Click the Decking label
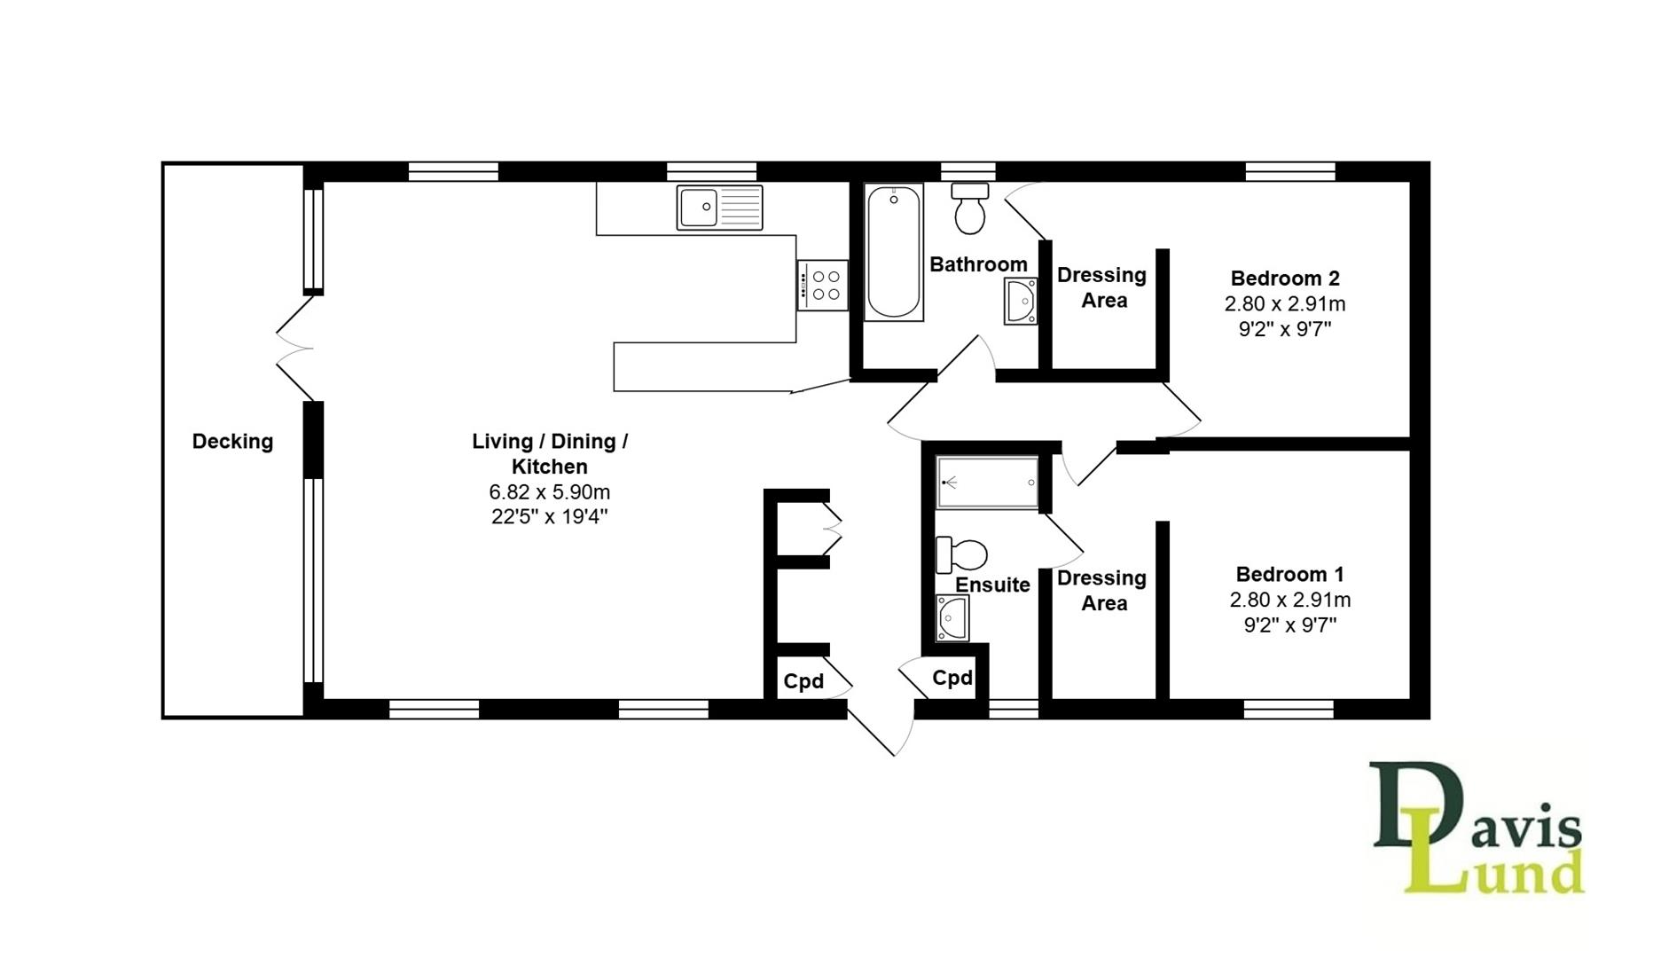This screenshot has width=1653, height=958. pyautogui.click(x=232, y=441)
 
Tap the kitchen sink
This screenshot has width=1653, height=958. pyautogui.click(x=719, y=207)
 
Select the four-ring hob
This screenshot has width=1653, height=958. pyautogui.click(x=822, y=285)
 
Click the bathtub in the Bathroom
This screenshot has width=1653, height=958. pyautogui.click(x=893, y=252)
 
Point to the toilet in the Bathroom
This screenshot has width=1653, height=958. pyautogui.click(x=969, y=208)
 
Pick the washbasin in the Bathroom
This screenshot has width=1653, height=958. pyautogui.click(x=1021, y=302)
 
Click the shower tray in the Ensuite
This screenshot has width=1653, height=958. pyautogui.click(x=987, y=483)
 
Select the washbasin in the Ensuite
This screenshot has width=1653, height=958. pyautogui.click(x=952, y=617)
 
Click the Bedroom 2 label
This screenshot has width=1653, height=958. pyautogui.click(x=1284, y=278)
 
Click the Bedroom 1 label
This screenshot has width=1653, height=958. pyautogui.click(x=1289, y=574)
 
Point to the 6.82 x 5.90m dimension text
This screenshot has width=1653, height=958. pyautogui.click(x=549, y=491)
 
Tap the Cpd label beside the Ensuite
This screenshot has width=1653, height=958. pyautogui.click(x=952, y=678)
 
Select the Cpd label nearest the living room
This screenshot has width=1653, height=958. pyautogui.click(x=803, y=681)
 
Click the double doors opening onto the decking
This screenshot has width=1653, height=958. pyautogui.click(x=295, y=349)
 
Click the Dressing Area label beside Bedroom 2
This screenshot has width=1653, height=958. pyautogui.click(x=1102, y=287)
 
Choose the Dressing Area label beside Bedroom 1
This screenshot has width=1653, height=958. pyautogui.click(x=1102, y=590)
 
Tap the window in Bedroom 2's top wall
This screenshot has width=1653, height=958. pyautogui.click(x=1289, y=171)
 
